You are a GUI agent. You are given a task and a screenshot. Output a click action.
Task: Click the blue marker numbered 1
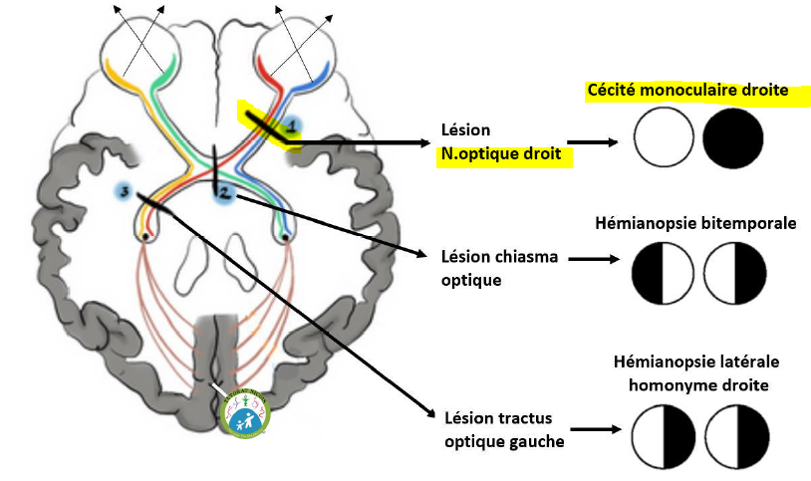pos(291,125)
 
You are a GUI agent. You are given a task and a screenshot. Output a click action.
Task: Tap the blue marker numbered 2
pos(225,191)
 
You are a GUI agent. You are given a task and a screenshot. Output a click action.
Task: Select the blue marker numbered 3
pos(125,190)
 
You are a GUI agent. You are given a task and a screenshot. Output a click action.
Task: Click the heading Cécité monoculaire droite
pos(688,91)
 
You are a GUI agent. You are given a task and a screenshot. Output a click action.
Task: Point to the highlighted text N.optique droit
pos(502,154)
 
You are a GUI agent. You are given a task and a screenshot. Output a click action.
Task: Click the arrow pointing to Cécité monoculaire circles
pos(596,142)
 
